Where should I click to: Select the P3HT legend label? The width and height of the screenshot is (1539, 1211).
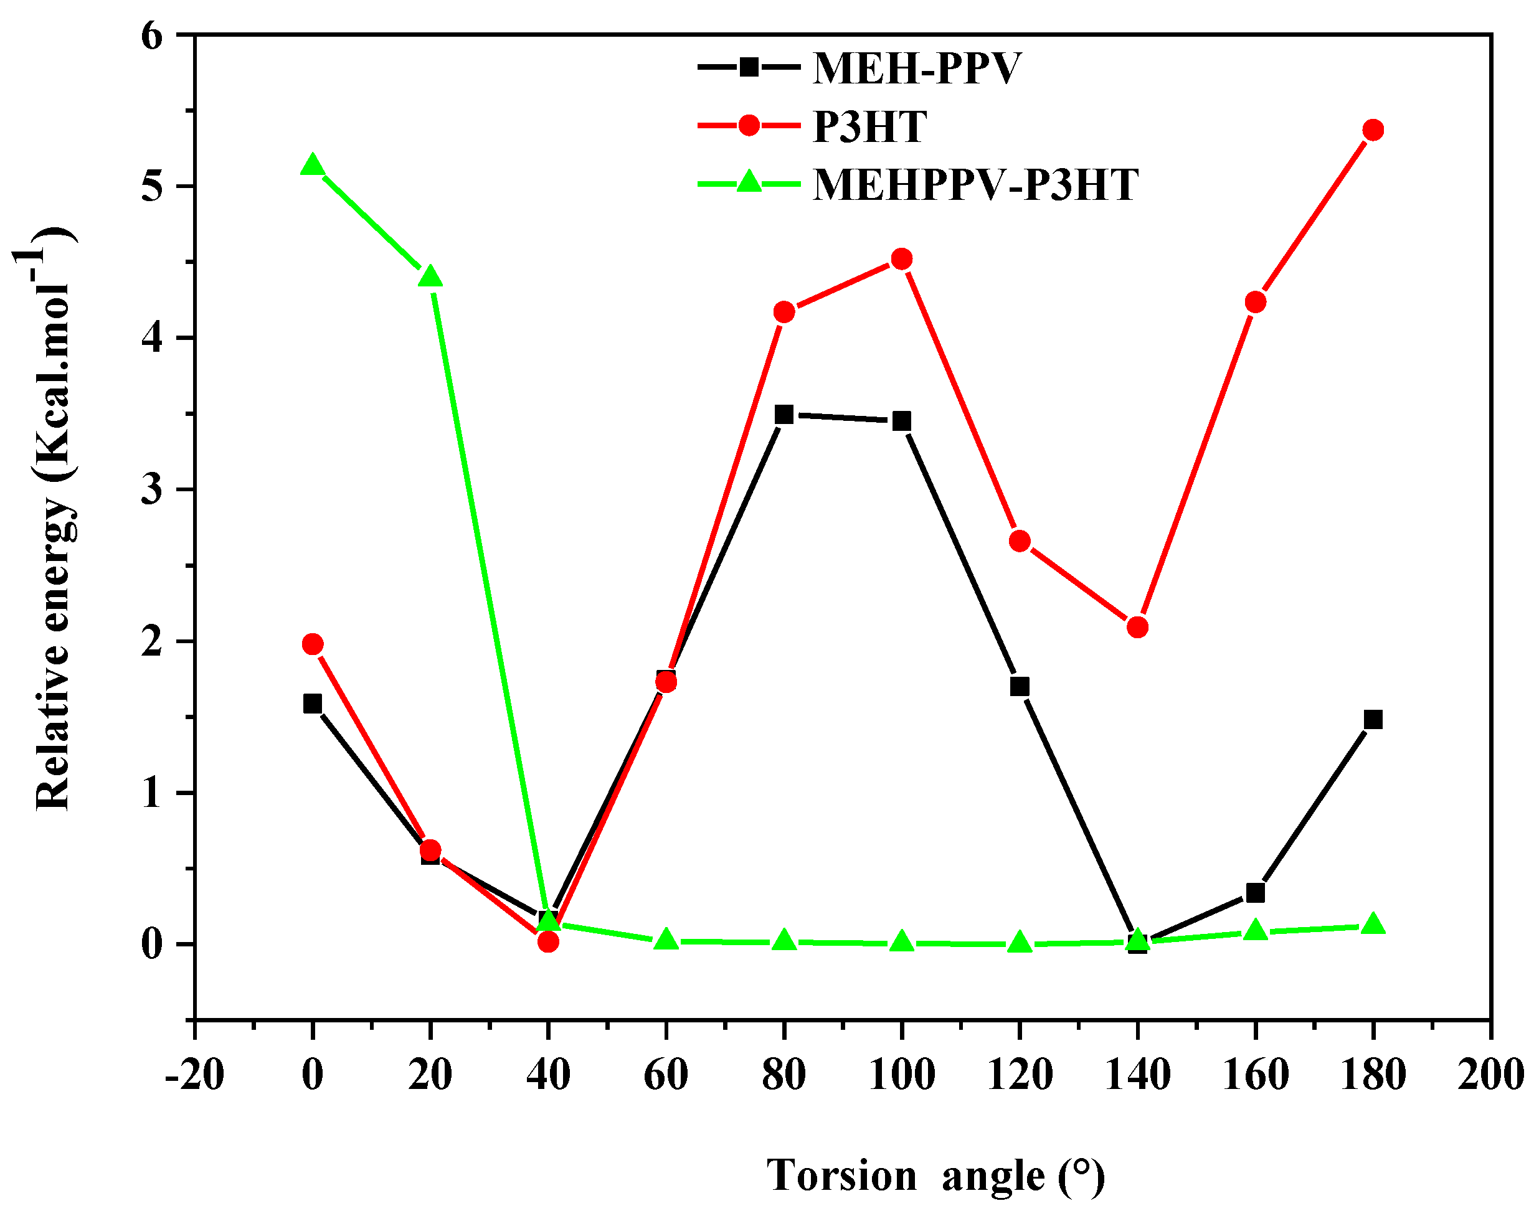coord(869,127)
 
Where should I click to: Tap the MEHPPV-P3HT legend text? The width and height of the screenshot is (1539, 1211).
coord(975,185)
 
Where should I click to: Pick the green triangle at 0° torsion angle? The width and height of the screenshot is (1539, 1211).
coord(312,166)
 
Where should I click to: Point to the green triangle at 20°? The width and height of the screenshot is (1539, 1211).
coord(430,277)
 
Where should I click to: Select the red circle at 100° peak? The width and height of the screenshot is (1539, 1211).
coord(901,259)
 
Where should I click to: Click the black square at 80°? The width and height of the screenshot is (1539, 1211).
coord(783,414)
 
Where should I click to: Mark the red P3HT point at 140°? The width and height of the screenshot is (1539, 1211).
coord(1137,628)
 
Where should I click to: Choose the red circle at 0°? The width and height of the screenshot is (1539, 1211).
coord(312,644)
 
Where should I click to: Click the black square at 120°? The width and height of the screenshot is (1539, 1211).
coord(1019,686)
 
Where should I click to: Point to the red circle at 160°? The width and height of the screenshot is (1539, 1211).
coord(1254,303)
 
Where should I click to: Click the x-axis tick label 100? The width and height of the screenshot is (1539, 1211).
coord(901,1074)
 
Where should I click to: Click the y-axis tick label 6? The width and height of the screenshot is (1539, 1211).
coord(152,35)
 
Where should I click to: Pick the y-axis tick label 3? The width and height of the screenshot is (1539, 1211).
coord(152,490)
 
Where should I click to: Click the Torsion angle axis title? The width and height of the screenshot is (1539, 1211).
coord(935,1175)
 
